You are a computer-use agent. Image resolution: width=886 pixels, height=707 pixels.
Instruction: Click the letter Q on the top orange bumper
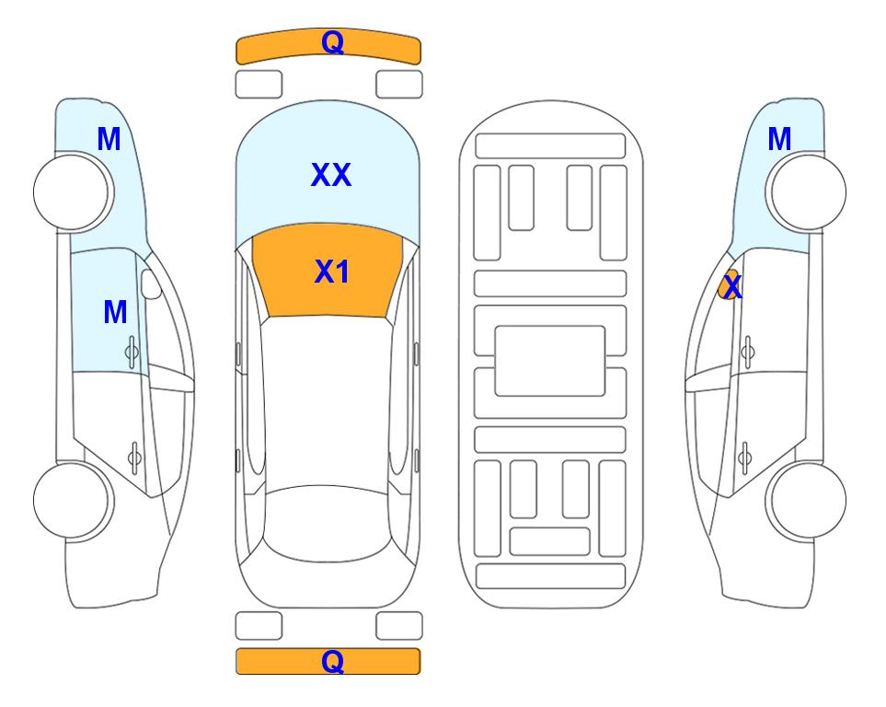coord(332,41)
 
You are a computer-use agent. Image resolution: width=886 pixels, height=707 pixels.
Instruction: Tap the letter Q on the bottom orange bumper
coord(332,661)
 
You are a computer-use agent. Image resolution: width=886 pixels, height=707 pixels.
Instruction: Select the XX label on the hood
coord(331,175)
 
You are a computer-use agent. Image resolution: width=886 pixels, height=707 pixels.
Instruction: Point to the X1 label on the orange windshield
coord(332,272)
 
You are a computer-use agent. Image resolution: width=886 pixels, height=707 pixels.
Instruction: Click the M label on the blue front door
coord(115,312)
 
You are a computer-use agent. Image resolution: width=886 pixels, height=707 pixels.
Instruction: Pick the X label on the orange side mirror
coord(732,286)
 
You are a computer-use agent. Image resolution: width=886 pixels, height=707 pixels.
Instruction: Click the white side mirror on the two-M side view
coord(151,284)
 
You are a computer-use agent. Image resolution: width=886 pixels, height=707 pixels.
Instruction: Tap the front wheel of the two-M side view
coord(74,191)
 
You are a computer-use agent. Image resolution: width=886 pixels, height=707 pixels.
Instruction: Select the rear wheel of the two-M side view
coord(74,500)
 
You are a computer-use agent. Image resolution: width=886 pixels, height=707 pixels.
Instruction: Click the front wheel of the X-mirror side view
coord(806,191)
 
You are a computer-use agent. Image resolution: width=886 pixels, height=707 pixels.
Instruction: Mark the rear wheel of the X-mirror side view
coord(806,500)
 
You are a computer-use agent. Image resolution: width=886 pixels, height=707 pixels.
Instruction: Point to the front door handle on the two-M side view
coord(132,353)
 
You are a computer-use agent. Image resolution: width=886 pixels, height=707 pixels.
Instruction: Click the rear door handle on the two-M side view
coord(135,457)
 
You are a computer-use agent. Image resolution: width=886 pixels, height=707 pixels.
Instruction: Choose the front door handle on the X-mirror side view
coord(747,353)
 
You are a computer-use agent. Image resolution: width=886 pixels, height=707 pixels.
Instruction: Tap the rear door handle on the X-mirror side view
coord(744,457)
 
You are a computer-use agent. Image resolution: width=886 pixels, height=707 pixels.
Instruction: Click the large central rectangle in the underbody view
coord(550,361)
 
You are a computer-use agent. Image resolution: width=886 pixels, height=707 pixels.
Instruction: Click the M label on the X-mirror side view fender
coord(779,139)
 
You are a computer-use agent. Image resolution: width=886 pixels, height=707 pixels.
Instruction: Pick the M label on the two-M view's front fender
coord(109,139)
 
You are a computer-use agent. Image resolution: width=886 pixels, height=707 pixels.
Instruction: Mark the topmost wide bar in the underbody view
coord(550,146)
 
